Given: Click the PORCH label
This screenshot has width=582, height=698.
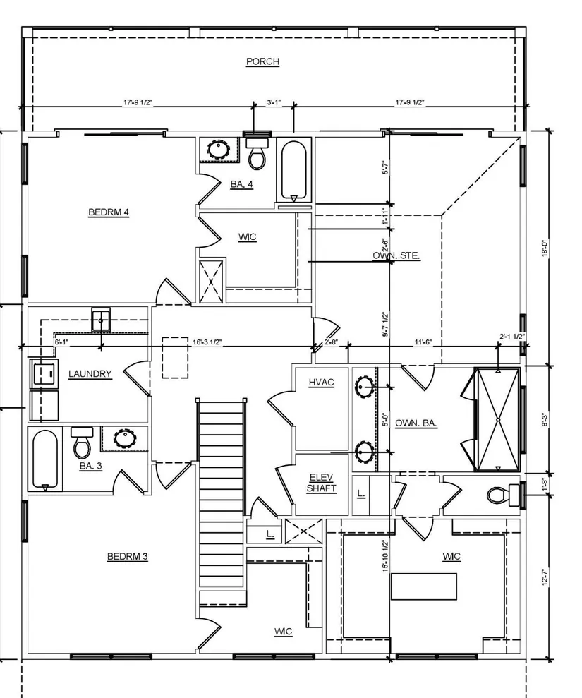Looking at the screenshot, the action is pyautogui.click(x=262, y=61).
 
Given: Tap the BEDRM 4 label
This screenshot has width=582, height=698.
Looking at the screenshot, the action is pyautogui.click(x=109, y=212).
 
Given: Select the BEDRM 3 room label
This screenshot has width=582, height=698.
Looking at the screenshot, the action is pyautogui.click(x=127, y=556).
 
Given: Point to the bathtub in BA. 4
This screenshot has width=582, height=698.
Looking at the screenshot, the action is pyautogui.click(x=293, y=171).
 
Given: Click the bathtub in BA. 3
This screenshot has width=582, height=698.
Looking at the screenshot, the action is pyautogui.click(x=45, y=459).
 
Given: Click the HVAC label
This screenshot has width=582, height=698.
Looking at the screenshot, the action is pyautogui.click(x=321, y=383).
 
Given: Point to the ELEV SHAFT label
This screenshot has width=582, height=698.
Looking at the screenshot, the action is pyautogui.click(x=321, y=483).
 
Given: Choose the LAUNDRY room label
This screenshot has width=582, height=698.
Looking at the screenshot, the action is pyautogui.click(x=90, y=374).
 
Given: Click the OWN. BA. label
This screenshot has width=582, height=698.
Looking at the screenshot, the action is pyautogui.click(x=416, y=423).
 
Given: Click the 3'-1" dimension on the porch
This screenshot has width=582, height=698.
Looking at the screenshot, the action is pyautogui.click(x=274, y=102).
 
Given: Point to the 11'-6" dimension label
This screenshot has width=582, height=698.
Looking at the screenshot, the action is pyautogui.click(x=423, y=342).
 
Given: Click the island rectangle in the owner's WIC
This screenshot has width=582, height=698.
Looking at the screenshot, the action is pyautogui.click(x=423, y=586).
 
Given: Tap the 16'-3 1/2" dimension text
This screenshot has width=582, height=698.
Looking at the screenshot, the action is pyautogui.click(x=207, y=342).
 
